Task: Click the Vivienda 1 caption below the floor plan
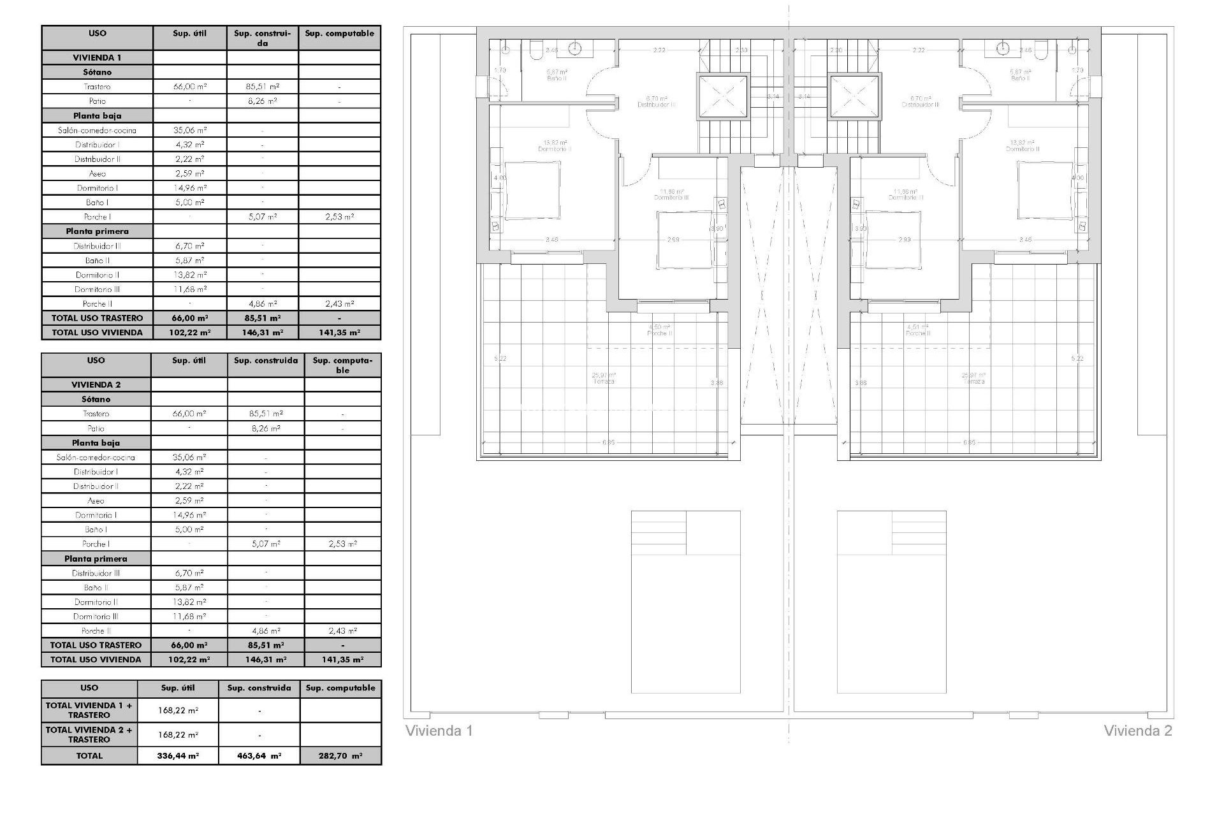pos(439,731)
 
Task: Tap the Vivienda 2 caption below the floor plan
pos(1138,731)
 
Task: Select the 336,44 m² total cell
pos(178,755)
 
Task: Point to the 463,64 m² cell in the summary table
pos(259,755)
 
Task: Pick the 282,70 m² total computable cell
pos(340,755)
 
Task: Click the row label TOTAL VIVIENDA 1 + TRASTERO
pos(89,710)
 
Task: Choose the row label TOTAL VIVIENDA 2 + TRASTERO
pos(89,734)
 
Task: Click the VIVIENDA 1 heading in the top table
pos(97,57)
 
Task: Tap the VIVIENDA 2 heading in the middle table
pos(96,384)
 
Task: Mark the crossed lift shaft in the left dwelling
pos(722,96)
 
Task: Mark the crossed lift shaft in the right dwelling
pos(854,96)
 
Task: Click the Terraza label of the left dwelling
pos(604,381)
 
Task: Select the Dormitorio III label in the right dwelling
pos(905,198)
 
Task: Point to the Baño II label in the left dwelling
pos(556,78)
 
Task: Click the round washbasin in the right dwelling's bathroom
pos(1003,47)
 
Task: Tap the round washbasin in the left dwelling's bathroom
pos(576,47)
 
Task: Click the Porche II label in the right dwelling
pos(919,333)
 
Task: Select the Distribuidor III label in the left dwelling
pos(657,105)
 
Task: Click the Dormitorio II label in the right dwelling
pos(1023,149)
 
